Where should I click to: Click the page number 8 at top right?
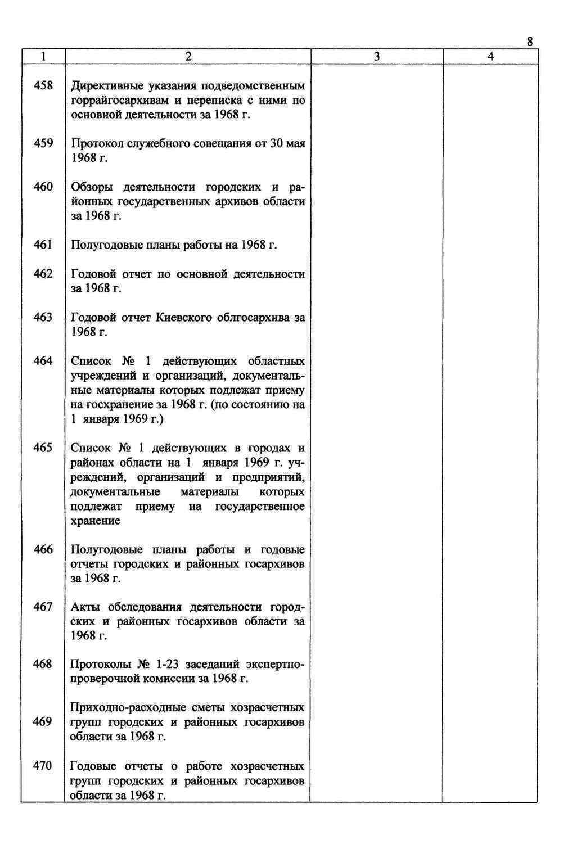pyautogui.click(x=529, y=42)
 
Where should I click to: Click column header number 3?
pyautogui.click(x=376, y=57)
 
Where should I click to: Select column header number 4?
pyautogui.click(x=490, y=57)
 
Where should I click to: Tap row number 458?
pyautogui.click(x=43, y=85)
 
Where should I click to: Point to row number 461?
pyautogui.click(x=43, y=245)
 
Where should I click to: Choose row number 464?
pyautogui.click(x=43, y=361)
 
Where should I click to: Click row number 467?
pyautogui.click(x=43, y=607)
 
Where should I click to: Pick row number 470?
pyautogui.click(x=43, y=766)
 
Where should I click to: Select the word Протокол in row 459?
pyautogui.click(x=97, y=143)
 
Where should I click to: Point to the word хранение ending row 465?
pyautogui.click(x=96, y=521)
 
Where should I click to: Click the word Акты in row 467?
pyautogui.click(x=86, y=607)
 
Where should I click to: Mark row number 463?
pyautogui.click(x=43, y=317)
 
